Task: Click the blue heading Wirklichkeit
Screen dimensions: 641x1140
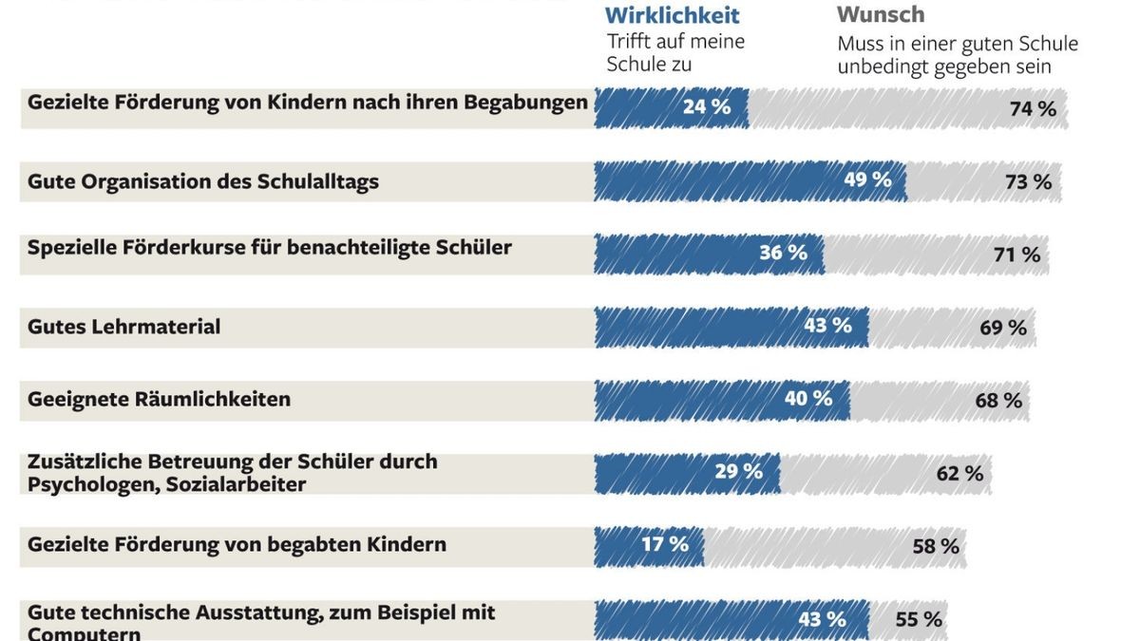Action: tap(672, 15)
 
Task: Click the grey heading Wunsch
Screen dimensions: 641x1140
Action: tap(880, 15)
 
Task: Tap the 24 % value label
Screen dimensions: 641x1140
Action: tap(707, 107)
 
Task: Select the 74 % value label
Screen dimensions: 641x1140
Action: tap(1033, 109)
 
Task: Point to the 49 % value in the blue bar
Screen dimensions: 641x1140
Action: tap(867, 179)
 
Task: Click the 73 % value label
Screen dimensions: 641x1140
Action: tap(1028, 182)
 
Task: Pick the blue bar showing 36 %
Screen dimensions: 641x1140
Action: tap(708, 254)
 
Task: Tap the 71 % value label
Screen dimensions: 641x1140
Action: tap(1016, 255)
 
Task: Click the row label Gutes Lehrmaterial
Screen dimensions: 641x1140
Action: tap(123, 327)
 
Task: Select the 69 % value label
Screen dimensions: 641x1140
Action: tap(1003, 329)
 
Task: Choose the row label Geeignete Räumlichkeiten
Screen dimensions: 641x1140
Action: tap(159, 399)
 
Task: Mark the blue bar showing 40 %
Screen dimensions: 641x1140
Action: tap(722, 400)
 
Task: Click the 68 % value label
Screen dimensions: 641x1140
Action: tap(998, 401)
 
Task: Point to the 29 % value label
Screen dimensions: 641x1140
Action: tap(738, 472)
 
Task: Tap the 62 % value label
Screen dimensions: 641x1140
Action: tap(959, 474)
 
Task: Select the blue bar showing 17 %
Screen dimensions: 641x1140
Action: tap(649, 545)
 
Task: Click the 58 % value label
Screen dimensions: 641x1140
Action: tap(936, 547)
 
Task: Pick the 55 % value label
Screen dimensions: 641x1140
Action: tap(919, 620)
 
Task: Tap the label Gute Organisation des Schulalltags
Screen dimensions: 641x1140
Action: tap(202, 181)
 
